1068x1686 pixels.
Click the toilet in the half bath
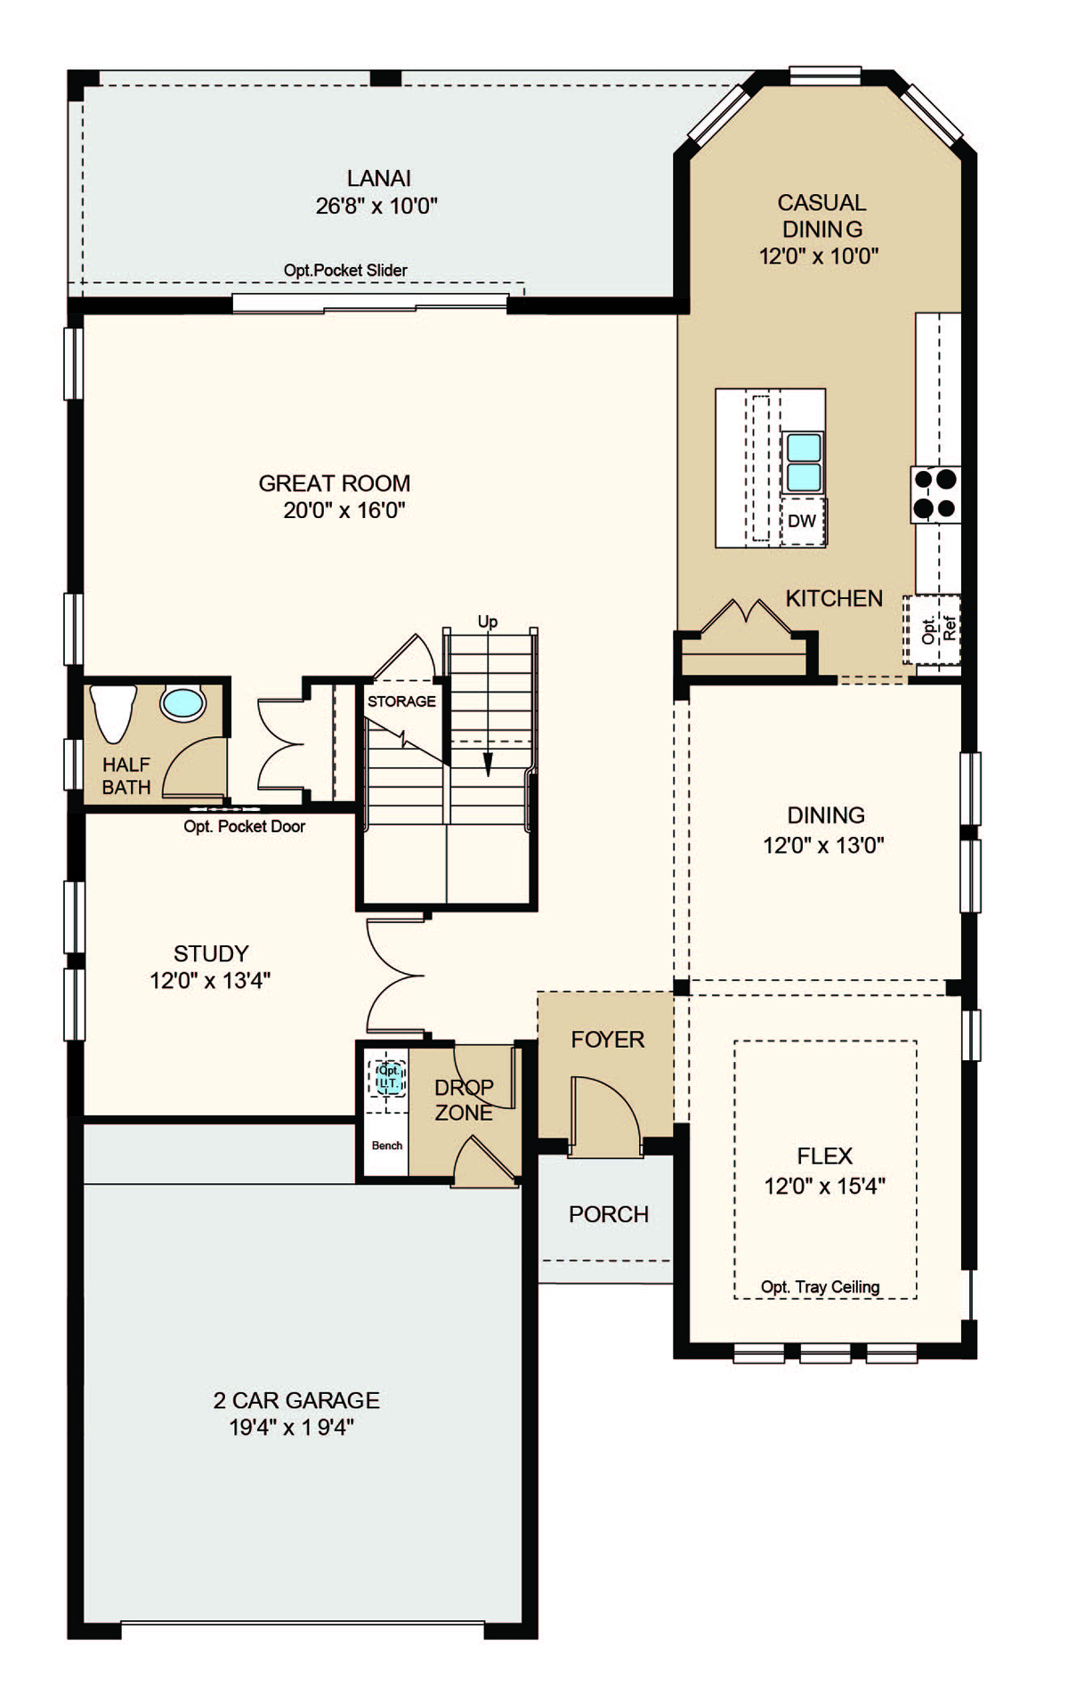[x=113, y=712]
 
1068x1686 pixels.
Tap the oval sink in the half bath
[x=183, y=703]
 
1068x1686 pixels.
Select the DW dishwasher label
[x=802, y=522]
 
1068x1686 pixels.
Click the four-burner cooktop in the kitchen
[x=935, y=494]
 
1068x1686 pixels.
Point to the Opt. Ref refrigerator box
[x=933, y=629]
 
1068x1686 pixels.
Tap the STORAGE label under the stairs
[x=401, y=701]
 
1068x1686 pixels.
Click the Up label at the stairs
[x=488, y=621]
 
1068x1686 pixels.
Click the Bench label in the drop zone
[x=387, y=1146]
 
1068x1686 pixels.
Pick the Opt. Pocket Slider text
[x=345, y=270]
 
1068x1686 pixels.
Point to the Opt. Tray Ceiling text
[x=820, y=1286]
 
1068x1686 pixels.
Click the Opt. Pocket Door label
[x=244, y=826]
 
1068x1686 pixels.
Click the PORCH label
[x=609, y=1214]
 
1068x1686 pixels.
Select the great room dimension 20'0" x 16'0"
[x=344, y=510]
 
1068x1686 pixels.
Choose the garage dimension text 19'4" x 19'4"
[x=291, y=1427]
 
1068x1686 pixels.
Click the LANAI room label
[x=379, y=178]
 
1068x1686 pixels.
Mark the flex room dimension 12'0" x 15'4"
[x=825, y=1186]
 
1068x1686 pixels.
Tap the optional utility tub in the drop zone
[x=388, y=1079]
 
